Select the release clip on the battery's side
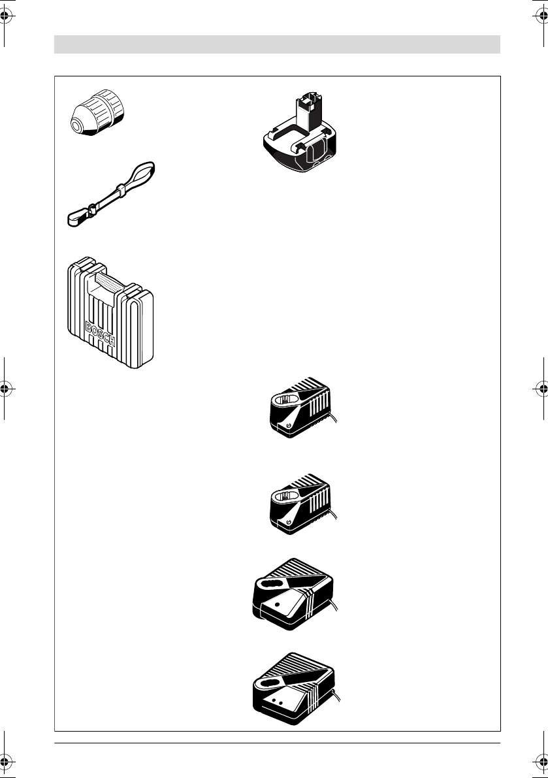point(319,154)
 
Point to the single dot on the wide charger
point(277,605)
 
